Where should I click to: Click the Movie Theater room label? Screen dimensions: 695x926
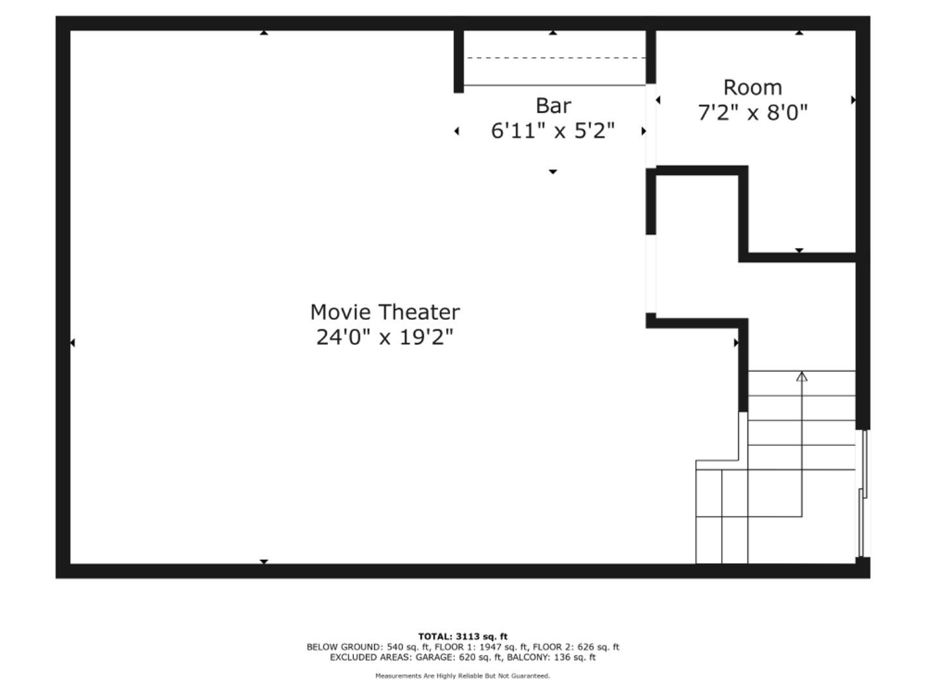click(385, 312)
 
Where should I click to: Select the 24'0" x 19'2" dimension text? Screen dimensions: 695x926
click(385, 337)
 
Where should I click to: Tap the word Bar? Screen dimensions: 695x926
click(553, 106)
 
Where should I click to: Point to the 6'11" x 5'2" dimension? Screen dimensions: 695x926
click(553, 131)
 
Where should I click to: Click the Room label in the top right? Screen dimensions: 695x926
click(752, 88)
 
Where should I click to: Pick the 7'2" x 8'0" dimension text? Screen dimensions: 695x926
click(752, 113)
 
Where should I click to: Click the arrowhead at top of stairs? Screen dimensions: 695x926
click(801, 376)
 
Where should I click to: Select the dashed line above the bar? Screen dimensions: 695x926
click(556, 58)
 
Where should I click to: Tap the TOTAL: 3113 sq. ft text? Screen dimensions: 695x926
click(462, 636)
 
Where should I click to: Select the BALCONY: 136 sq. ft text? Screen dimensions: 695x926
click(551, 657)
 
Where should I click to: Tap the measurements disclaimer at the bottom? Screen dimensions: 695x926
click(462, 676)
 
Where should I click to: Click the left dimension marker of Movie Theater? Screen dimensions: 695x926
click(72, 342)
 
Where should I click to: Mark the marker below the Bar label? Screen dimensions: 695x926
click(552, 172)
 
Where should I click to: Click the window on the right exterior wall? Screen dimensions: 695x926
click(864, 493)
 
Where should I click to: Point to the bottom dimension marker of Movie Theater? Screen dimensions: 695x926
click(264, 562)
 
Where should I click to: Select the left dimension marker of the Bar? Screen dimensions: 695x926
click(457, 131)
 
